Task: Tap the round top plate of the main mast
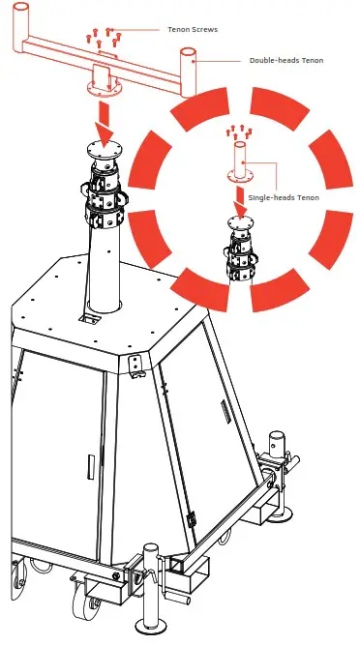pyautogui.click(x=104, y=149)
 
